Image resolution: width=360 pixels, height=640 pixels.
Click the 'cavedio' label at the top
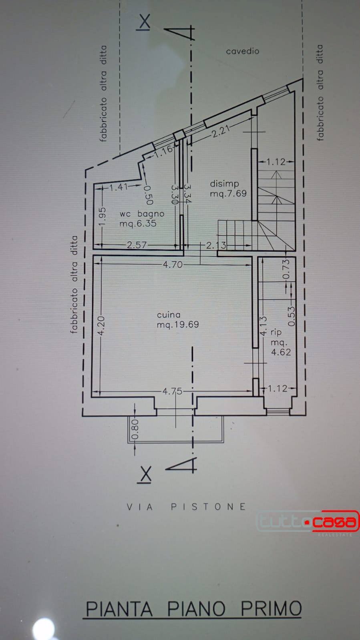[243, 51]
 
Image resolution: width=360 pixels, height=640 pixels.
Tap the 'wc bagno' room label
[142, 214]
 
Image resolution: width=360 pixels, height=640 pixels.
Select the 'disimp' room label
[225, 184]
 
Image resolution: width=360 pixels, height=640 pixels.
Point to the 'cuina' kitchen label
[169, 315]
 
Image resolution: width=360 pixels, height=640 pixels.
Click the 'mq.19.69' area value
[178, 325]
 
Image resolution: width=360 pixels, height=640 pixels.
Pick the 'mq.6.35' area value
[138, 223]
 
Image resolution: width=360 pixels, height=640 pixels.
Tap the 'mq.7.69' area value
[228, 194]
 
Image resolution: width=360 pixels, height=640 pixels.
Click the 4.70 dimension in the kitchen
[173, 265]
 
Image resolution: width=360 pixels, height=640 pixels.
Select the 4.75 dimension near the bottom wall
[173, 391]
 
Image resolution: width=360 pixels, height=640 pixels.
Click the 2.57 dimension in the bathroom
[137, 245]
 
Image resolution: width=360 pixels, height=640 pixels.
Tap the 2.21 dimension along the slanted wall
[221, 132]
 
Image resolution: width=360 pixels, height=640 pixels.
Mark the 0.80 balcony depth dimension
[135, 429]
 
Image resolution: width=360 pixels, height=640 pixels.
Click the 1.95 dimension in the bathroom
[103, 216]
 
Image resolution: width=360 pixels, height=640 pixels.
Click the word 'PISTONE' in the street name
[209, 507]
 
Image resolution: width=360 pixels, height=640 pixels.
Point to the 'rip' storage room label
[276, 332]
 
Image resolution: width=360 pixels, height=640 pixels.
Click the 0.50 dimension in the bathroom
[148, 195]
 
